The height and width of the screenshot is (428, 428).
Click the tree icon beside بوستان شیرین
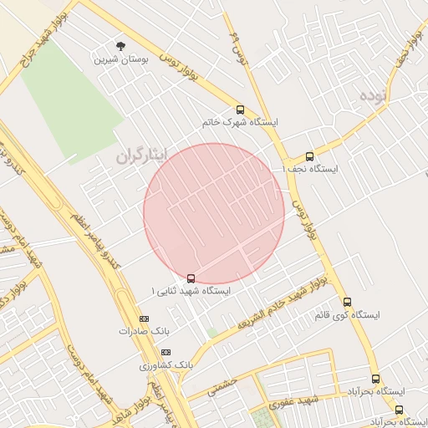coord(121,46)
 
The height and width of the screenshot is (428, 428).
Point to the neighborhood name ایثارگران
coord(141,155)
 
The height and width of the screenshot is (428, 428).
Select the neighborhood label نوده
coord(374,94)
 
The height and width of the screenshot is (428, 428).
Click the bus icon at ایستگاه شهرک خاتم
coord(241,110)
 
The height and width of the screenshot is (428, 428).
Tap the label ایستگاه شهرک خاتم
coord(240,122)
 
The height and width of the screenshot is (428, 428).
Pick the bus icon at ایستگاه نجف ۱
coord(309,156)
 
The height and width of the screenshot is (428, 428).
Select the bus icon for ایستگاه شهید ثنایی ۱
coord(191,278)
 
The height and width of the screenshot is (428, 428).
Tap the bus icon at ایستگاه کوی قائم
coord(347,303)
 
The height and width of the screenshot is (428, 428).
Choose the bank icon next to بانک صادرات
coord(144,318)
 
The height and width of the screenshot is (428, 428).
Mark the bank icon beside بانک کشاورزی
coord(166,353)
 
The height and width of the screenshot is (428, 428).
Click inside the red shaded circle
coord(214,213)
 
